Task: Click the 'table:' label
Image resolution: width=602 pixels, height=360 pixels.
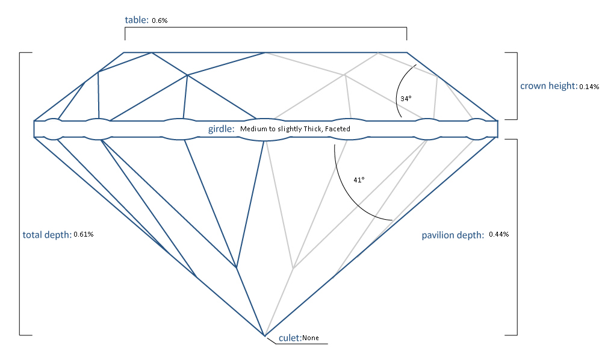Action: click(x=137, y=20)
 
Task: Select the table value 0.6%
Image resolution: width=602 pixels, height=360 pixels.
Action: click(x=160, y=20)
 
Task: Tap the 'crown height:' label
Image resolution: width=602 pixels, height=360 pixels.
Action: click(x=548, y=85)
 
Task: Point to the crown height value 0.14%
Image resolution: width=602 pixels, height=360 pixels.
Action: click(x=589, y=87)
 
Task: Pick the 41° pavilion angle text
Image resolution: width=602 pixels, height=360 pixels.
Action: click(x=359, y=179)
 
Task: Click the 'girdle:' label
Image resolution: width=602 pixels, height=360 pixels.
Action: click(x=221, y=128)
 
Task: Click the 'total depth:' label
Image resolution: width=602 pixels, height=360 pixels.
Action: click(x=47, y=234)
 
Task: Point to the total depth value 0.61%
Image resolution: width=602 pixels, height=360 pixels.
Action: click(x=83, y=234)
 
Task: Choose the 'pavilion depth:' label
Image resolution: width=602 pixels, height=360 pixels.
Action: click(x=453, y=235)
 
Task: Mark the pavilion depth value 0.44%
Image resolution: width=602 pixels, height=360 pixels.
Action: click(x=499, y=234)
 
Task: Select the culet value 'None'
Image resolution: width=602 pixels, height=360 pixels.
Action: click(x=311, y=338)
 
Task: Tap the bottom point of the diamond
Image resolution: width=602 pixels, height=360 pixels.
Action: click(x=264, y=335)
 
